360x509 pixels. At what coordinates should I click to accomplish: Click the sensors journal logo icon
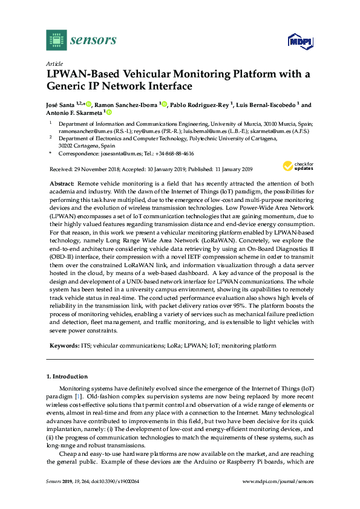click(x=56, y=41)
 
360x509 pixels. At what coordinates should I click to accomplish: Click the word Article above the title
click(x=54, y=63)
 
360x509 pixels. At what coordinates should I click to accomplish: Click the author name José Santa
click(x=62, y=105)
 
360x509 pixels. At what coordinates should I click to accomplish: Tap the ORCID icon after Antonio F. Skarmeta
click(x=110, y=112)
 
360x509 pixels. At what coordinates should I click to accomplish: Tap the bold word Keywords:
click(x=64, y=346)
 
